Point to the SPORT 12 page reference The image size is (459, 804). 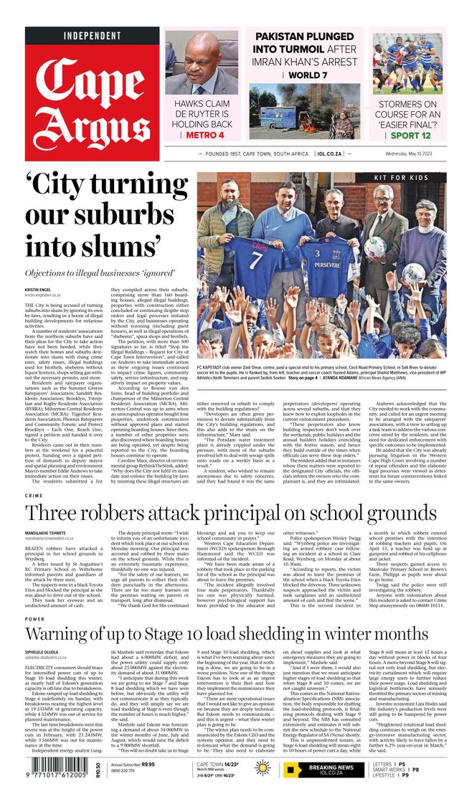(411, 135)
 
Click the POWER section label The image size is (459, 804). (34, 618)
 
